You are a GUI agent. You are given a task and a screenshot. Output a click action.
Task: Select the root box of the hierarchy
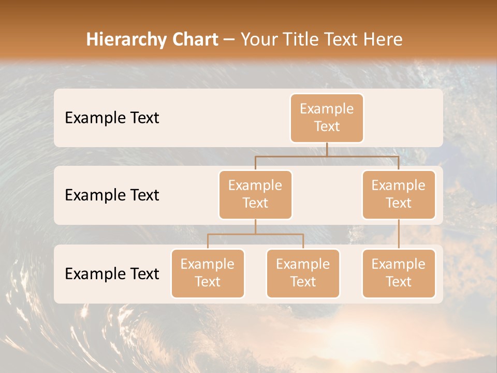[x=327, y=118]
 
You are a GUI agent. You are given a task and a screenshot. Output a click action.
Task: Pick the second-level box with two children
[x=255, y=194]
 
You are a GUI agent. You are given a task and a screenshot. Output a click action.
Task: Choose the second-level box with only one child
[x=399, y=194]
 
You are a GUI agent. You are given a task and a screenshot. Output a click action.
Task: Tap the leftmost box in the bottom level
[x=208, y=273]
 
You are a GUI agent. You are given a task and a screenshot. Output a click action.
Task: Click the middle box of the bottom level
[x=303, y=273]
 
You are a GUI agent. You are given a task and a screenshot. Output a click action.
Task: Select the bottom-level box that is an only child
[x=399, y=273]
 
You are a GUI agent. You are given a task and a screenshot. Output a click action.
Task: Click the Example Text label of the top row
[x=112, y=118]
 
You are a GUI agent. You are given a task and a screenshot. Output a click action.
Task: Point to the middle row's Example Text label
[x=112, y=195]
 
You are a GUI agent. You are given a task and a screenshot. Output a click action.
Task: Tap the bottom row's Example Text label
[x=112, y=274]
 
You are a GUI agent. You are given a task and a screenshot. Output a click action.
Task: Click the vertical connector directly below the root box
[x=327, y=149]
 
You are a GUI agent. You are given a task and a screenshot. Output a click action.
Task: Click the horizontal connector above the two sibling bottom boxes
[x=255, y=234]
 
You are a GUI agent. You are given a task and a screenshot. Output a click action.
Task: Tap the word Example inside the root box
[x=327, y=109]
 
